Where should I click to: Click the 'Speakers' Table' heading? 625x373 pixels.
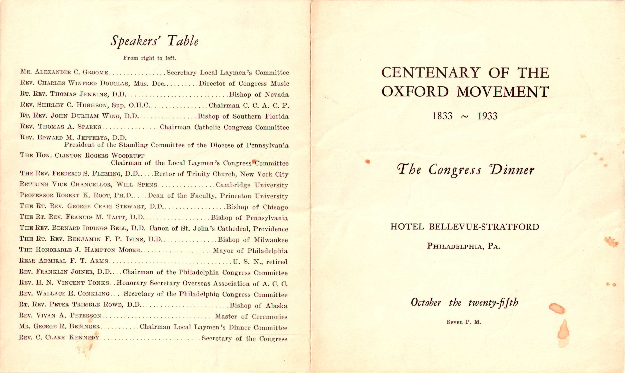point(154,41)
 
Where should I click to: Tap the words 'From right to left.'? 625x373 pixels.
point(149,58)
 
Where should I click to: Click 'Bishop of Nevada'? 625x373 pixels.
point(259,95)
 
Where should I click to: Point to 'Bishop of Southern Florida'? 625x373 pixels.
point(243,116)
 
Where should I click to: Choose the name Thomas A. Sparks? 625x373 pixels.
point(69,127)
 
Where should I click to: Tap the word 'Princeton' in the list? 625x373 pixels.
point(235,196)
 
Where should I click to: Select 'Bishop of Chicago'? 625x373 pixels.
point(257,207)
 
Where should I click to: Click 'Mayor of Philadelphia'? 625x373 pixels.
point(250,251)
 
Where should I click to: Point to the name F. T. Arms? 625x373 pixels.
point(89,261)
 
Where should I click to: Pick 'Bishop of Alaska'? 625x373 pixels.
point(258,306)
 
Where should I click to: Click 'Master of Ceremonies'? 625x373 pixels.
point(251,317)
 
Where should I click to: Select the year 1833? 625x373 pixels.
point(442,116)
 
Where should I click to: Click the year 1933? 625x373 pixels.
point(487,116)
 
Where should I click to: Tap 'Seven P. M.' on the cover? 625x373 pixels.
point(464,322)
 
